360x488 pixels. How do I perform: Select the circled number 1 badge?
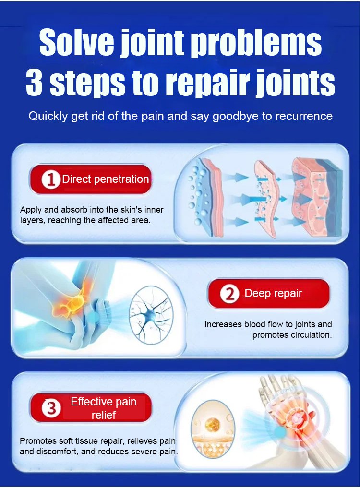click(50, 179)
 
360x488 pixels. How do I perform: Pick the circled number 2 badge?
click(229, 294)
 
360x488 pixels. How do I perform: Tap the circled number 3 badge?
click(51, 408)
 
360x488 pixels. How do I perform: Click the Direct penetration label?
click(105, 179)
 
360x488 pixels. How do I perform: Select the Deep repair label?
click(273, 293)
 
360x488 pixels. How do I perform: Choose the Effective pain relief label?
click(103, 408)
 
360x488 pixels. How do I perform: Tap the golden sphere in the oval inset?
click(213, 424)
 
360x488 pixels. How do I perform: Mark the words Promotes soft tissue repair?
click(72, 441)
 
